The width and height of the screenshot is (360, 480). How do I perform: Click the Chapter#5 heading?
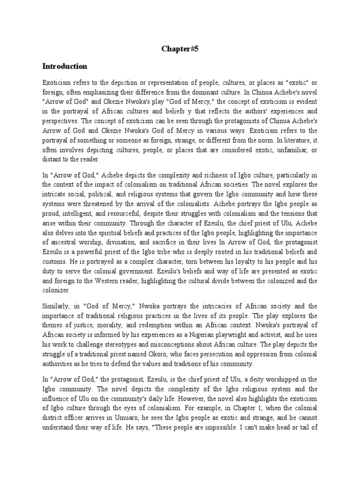180,48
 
